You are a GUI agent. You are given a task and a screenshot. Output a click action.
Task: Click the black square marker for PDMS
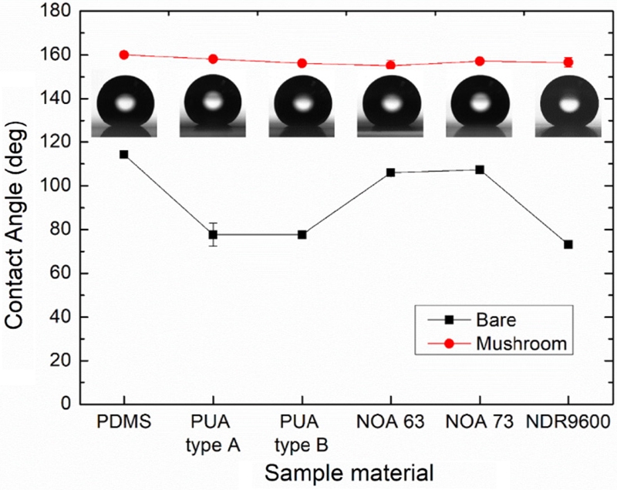(124, 154)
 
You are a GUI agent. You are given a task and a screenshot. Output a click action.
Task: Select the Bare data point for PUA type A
(213, 234)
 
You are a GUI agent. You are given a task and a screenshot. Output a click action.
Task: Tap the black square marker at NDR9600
(568, 244)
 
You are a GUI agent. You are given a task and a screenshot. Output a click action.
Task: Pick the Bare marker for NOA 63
(390, 173)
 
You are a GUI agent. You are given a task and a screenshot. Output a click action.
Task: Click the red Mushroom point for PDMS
(124, 55)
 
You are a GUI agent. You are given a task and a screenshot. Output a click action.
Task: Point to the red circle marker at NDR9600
(568, 62)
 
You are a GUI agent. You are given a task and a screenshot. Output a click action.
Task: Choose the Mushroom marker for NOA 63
(390, 65)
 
